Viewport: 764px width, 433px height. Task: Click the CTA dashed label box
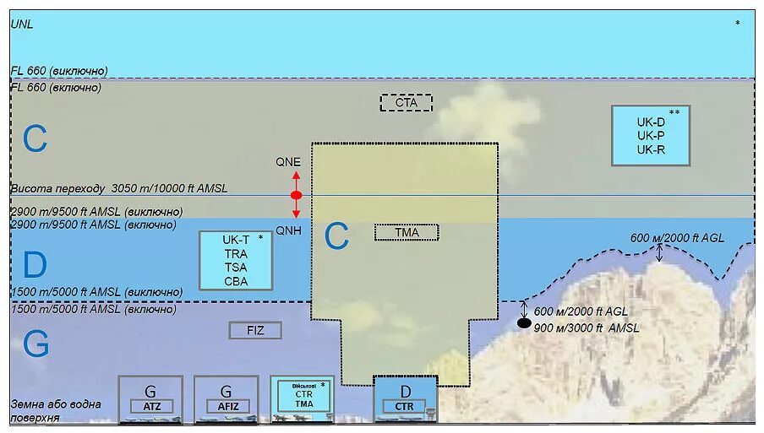click(x=406, y=103)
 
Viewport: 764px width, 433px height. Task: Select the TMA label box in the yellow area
click(x=407, y=232)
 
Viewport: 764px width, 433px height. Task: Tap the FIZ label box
click(x=255, y=330)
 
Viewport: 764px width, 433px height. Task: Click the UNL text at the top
click(x=22, y=24)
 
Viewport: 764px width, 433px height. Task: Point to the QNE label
click(x=288, y=161)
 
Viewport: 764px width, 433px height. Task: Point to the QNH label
click(x=288, y=230)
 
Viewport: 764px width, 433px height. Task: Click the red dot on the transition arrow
click(x=296, y=196)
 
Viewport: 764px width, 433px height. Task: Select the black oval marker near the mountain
click(x=524, y=323)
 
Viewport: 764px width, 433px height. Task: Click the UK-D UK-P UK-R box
click(x=651, y=135)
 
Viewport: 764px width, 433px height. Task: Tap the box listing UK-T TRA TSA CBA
click(x=236, y=260)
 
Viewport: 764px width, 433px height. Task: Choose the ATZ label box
click(x=152, y=407)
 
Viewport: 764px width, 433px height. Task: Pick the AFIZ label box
click(x=226, y=407)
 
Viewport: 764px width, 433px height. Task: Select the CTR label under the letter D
click(x=405, y=407)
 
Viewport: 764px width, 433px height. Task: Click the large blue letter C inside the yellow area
click(x=336, y=238)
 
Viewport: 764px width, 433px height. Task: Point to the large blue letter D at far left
click(x=35, y=266)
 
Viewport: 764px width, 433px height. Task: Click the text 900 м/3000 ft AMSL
click(x=587, y=327)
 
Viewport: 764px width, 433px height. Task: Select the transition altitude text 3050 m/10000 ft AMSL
click(x=169, y=188)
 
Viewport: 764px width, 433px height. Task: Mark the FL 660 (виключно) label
click(x=59, y=71)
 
